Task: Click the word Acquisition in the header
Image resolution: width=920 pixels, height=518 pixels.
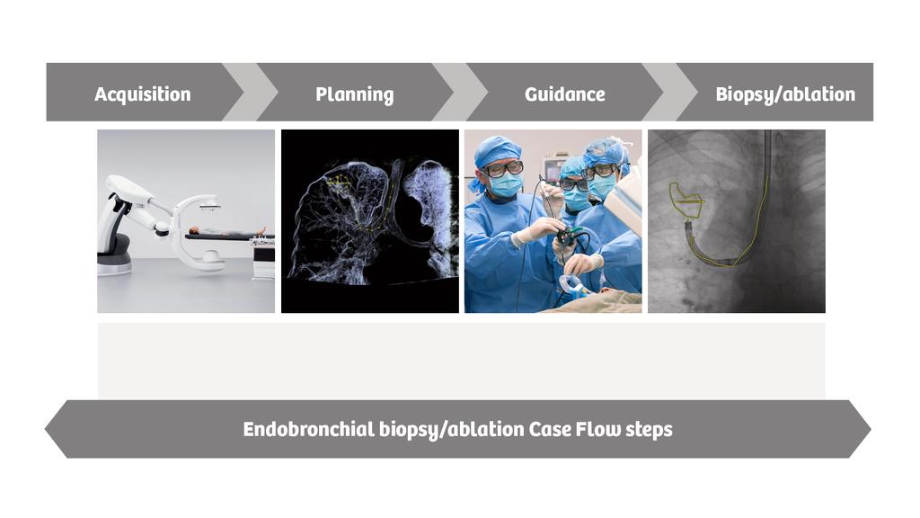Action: (142, 94)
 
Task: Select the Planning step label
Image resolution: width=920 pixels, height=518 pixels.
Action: (354, 94)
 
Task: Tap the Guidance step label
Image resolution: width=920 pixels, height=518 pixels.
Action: (564, 94)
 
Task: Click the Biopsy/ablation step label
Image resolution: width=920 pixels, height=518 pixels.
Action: (784, 94)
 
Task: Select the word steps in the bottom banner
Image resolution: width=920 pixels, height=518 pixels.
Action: (646, 430)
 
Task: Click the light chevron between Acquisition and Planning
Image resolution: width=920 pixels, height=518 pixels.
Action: (252, 92)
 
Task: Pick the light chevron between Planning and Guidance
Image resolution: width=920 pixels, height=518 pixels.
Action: (461, 92)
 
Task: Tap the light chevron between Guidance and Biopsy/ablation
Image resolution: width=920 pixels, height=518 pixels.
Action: (671, 92)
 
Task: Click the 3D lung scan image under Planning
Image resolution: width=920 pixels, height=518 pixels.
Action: (369, 221)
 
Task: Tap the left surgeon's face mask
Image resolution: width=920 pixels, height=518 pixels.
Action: (505, 184)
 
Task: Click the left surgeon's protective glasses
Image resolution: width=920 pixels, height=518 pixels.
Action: (503, 168)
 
